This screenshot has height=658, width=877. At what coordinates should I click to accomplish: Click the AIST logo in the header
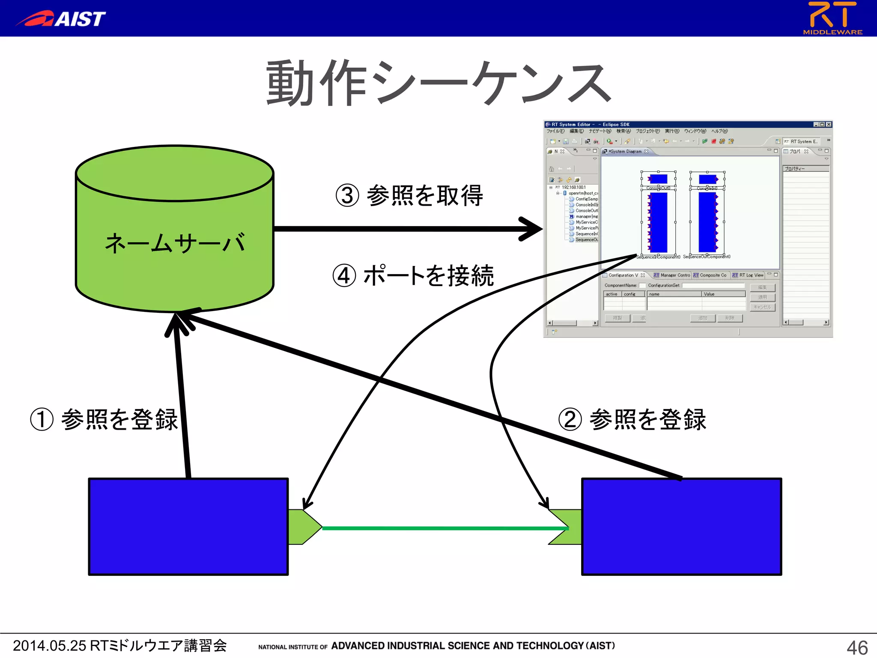[61, 18]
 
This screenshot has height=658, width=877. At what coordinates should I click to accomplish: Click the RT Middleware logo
[832, 18]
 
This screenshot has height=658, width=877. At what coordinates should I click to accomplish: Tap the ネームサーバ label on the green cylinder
[175, 243]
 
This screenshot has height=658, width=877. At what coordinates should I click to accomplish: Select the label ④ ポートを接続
[413, 275]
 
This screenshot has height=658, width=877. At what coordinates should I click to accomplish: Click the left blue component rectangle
[188, 526]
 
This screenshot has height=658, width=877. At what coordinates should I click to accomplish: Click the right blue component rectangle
[681, 526]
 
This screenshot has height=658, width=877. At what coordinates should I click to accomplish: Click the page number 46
[857, 647]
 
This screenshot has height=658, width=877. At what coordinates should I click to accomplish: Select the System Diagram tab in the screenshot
[625, 151]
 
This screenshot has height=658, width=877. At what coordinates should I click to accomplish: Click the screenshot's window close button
[829, 124]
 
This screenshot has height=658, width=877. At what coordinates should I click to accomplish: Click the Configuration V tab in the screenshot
[623, 275]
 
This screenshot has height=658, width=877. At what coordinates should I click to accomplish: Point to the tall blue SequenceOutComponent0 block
[707, 222]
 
